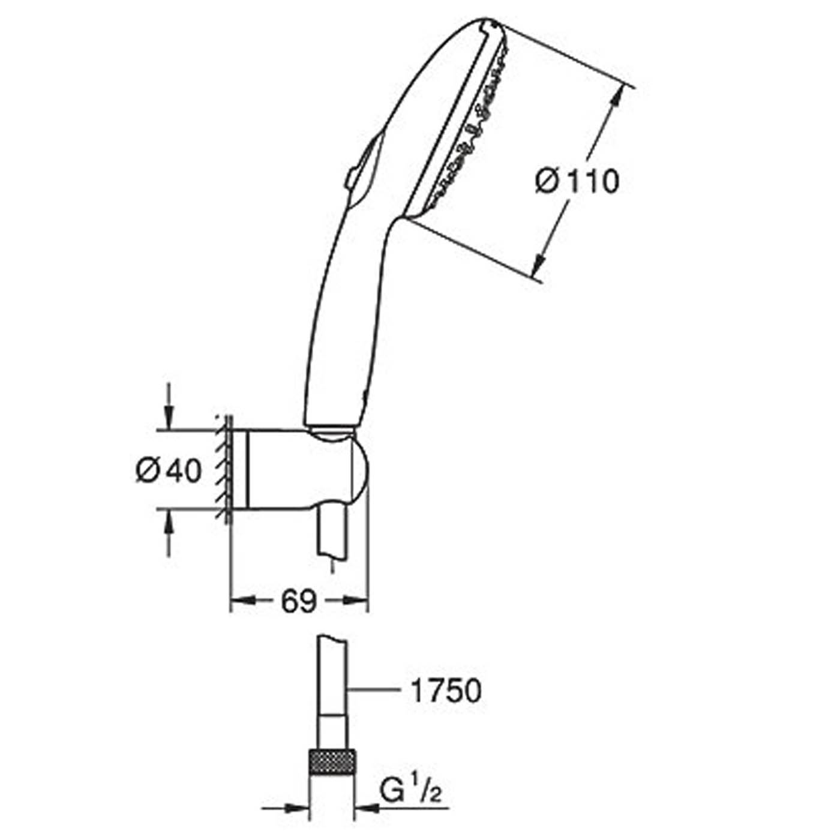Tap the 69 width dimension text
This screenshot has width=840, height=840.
299,602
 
